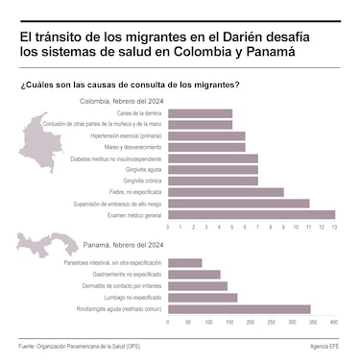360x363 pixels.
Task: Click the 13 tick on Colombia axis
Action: tap(335, 228)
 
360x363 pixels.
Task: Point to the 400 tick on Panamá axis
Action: tap(333, 323)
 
